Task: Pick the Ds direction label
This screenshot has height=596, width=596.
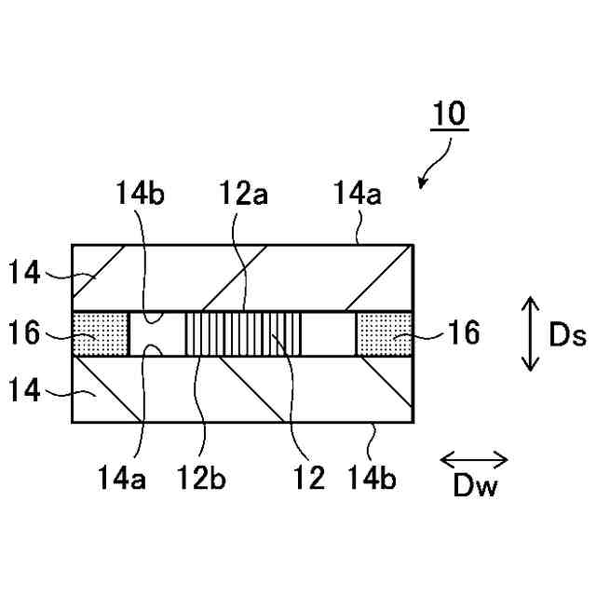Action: [566, 335]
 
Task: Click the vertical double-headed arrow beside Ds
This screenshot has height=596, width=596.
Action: [530, 333]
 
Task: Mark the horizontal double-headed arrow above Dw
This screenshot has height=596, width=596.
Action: [473, 459]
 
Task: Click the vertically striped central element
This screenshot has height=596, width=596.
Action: [243, 332]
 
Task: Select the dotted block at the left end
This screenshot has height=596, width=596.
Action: [100, 332]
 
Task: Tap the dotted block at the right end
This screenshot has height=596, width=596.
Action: [383, 332]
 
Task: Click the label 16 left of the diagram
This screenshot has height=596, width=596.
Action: [27, 332]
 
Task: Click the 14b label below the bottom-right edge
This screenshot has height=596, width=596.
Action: [372, 479]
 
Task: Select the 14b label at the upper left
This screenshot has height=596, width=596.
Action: [142, 195]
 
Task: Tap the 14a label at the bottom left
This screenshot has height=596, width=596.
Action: [121, 479]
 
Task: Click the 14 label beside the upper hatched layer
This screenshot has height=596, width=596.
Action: [27, 274]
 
